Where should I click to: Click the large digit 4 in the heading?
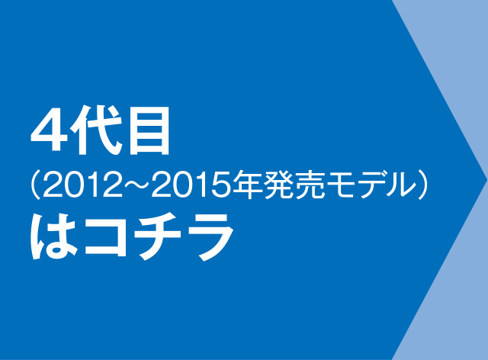click(49, 131)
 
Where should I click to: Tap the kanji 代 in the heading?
click(95, 130)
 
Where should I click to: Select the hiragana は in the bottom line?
click(53, 236)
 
